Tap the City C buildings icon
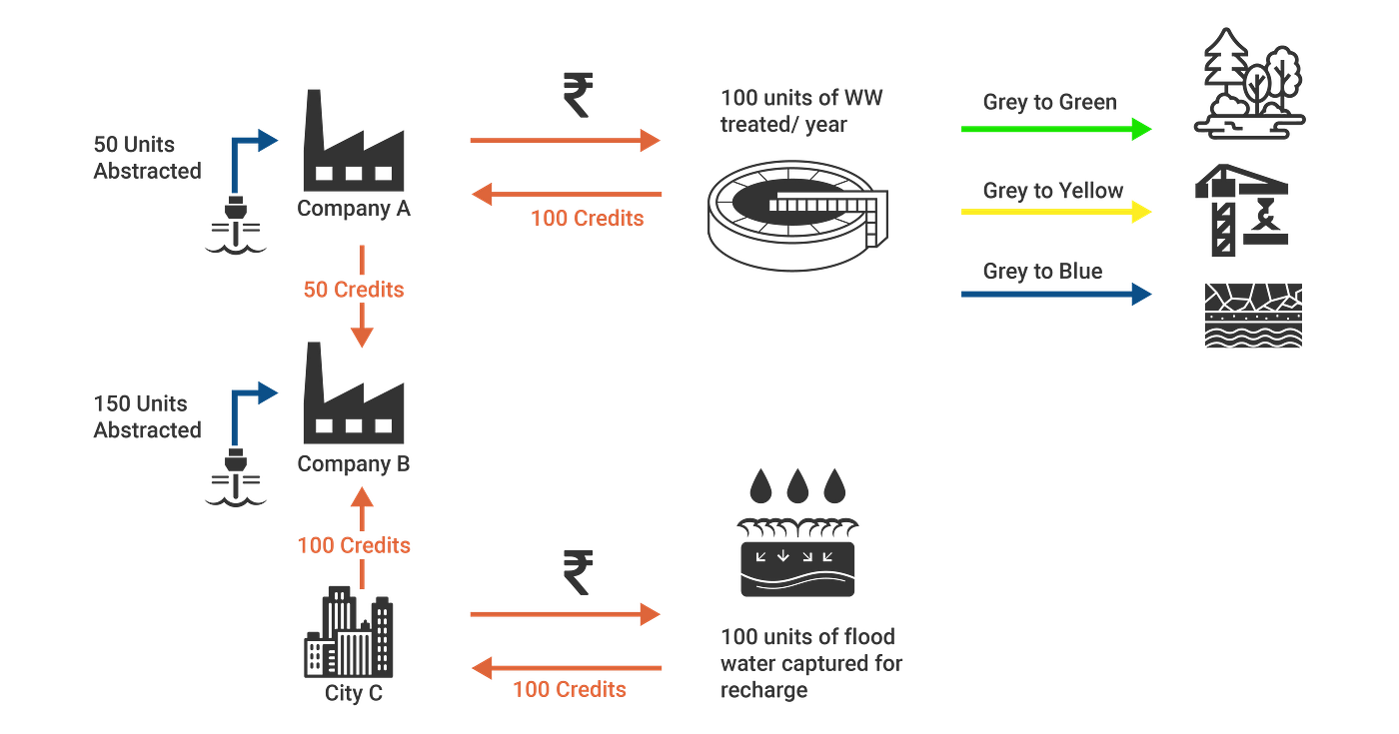point(349,634)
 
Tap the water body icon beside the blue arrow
point(1253,315)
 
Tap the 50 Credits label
point(354,290)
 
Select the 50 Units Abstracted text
point(147,157)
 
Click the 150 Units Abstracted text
point(147,416)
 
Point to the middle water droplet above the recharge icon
point(796,487)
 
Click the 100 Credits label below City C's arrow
point(570,689)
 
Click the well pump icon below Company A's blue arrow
point(237,227)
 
